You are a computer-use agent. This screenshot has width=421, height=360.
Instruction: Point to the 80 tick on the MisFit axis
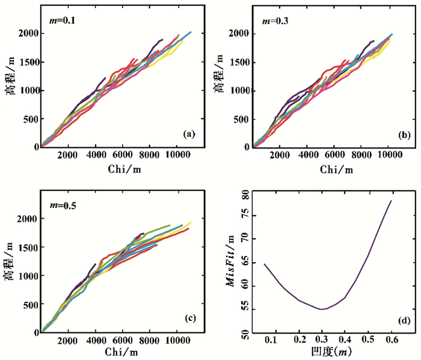point(245,195)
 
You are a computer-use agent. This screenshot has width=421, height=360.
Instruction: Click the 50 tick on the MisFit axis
point(245,332)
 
